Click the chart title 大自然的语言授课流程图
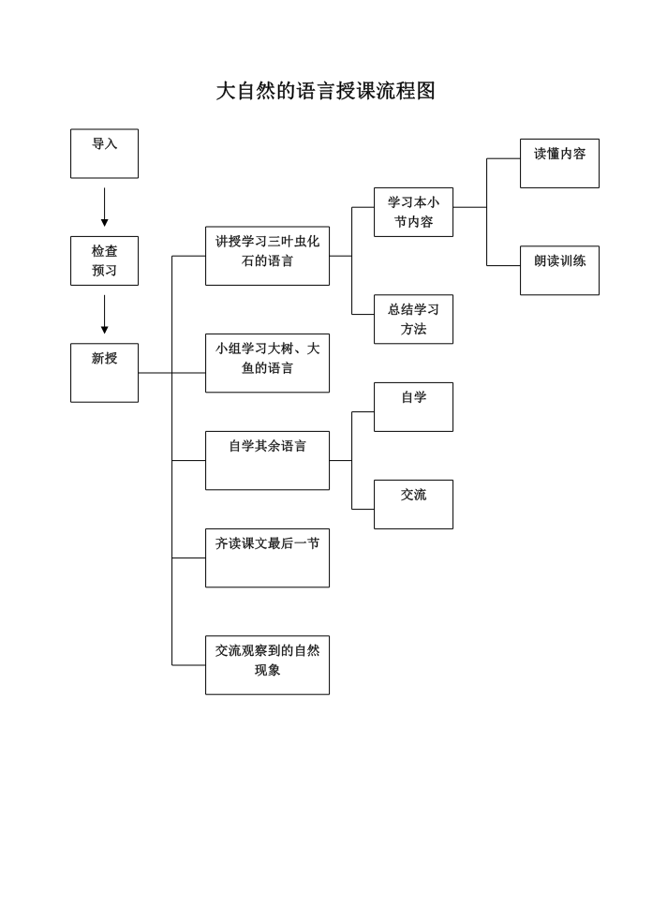pos(325,91)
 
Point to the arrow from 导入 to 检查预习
pos(105,207)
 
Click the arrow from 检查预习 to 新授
pos(105,314)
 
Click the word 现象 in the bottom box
pos(267,670)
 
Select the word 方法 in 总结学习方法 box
pos(413,329)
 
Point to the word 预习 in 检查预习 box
pos(105,271)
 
